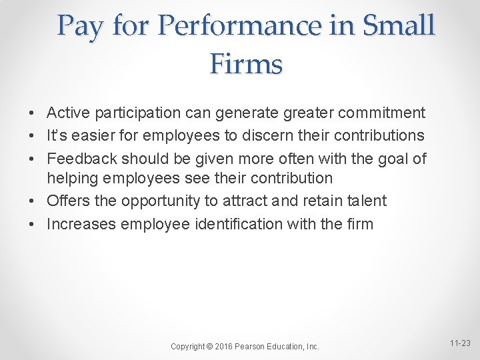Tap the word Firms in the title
click(x=246, y=64)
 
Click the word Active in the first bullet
click(x=68, y=113)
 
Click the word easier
click(x=91, y=135)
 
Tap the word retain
click(x=319, y=201)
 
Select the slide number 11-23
click(x=460, y=343)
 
